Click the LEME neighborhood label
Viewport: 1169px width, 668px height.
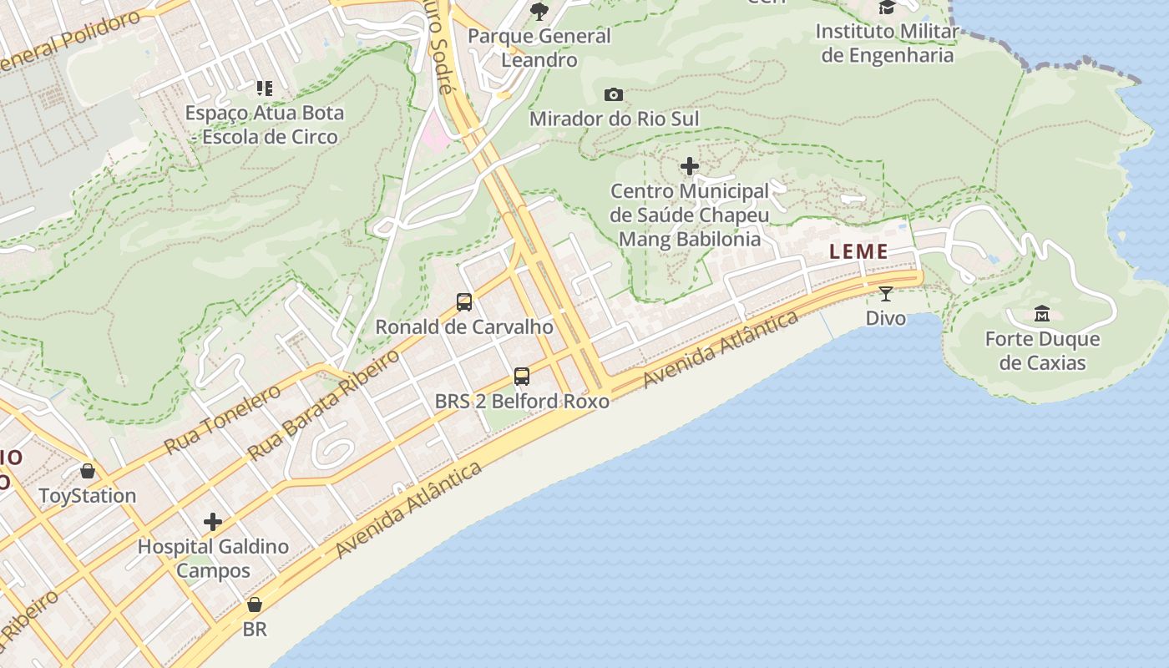(858, 251)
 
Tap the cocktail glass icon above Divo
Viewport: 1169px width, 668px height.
(886, 293)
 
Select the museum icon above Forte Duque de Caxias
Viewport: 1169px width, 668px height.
(1042, 314)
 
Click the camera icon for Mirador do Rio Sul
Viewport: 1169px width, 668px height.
(614, 94)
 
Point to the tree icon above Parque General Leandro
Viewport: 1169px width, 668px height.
(539, 11)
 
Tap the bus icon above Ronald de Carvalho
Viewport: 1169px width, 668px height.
(464, 302)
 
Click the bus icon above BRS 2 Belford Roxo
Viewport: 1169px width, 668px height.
(522, 377)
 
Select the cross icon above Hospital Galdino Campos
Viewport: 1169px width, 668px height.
(213, 522)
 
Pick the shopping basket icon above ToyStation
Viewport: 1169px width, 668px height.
(88, 472)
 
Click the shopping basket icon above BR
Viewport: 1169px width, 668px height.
(255, 605)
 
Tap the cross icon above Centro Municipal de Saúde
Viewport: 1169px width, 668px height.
(690, 166)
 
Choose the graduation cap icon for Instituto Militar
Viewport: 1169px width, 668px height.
(887, 8)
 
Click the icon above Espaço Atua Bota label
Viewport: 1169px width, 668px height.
(265, 88)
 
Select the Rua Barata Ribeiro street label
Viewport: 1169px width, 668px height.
(324, 406)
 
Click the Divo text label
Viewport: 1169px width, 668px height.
(886, 318)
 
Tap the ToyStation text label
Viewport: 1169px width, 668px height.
(88, 496)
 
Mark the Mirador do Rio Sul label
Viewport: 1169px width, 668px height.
(614, 119)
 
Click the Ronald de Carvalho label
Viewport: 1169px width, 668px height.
(464, 326)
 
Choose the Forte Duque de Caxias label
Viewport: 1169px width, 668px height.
(1042, 351)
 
